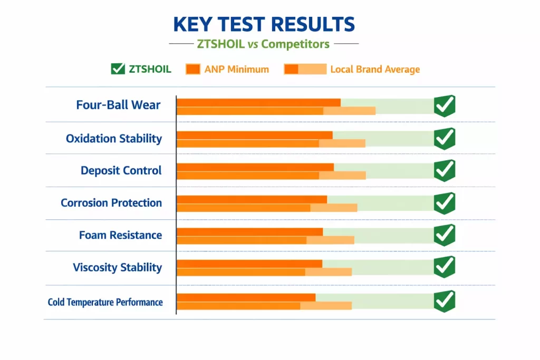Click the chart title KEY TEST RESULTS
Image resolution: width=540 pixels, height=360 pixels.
click(264, 24)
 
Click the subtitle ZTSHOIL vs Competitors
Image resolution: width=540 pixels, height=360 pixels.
click(263, 44)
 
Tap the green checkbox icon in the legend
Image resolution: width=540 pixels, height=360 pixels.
click(118, 69)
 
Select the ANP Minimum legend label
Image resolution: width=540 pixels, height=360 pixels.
click(237, 69)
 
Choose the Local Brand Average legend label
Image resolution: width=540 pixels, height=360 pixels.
click(375, 69)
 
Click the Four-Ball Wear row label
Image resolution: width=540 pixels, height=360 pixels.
click(118, 105)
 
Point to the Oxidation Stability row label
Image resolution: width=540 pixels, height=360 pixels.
click(114, 139)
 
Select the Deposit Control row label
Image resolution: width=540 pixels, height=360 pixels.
click(121, 171)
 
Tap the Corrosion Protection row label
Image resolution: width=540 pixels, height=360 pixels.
click(111, 203)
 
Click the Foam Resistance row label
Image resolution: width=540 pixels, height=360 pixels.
click(120, 235)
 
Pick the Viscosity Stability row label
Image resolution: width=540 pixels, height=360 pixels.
click(117, 267)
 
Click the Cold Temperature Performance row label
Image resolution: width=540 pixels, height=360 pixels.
click(105, 302)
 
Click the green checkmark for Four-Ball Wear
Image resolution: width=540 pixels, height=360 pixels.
click(445, 106)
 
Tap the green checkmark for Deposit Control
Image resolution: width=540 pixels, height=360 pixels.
click(445, 171)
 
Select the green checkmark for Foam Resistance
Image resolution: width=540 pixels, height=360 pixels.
click(445, 235)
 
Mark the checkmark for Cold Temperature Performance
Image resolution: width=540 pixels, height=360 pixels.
click(445, 301)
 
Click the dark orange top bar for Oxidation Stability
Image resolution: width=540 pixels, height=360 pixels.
click(254, 135)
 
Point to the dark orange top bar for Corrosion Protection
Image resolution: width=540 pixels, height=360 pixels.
click(252, 199)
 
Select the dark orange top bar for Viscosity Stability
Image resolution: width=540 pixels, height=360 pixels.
click(249, 264)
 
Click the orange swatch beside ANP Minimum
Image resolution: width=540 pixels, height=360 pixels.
click(192, 69)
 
